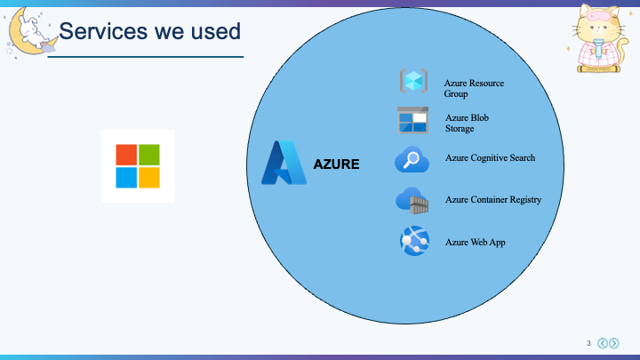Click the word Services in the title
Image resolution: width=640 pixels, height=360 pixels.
coord(103,31)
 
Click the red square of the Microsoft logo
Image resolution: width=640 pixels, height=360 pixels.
coord(126,155)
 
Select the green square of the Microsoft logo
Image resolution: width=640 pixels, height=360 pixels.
coord(149,155)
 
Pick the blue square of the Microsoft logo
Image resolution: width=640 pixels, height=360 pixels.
coord(126,178)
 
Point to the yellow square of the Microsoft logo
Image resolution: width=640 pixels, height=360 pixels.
coord(149,178)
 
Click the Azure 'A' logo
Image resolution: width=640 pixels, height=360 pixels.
coord(284,163)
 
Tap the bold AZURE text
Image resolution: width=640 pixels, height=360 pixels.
coord(336,164)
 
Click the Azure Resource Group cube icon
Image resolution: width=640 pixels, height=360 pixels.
coord(413,81)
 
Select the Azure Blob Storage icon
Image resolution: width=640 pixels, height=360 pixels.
coord(412,120)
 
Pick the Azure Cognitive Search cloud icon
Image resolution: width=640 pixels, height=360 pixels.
coord(412,159)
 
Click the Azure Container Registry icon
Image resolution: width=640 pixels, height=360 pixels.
coord(412,200)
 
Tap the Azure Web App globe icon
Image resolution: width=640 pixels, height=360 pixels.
coord(415,241)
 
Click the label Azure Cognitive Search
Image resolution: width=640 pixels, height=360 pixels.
coord(490,158)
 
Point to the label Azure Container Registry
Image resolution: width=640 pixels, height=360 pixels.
coord(493,200)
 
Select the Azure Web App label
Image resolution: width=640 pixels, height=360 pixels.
coord(475,243)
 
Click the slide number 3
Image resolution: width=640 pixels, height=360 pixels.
coord(588,343)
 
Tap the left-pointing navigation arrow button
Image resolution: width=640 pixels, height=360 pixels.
coord(603,343)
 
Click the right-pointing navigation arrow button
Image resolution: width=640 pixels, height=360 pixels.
coord(614,343)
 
